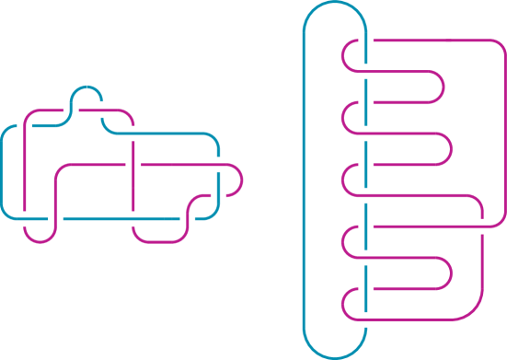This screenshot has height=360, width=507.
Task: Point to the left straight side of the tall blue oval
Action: [304, 184]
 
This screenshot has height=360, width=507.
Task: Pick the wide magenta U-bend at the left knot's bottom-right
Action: [161, 240]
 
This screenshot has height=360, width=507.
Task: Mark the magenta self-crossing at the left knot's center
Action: [135, 166]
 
